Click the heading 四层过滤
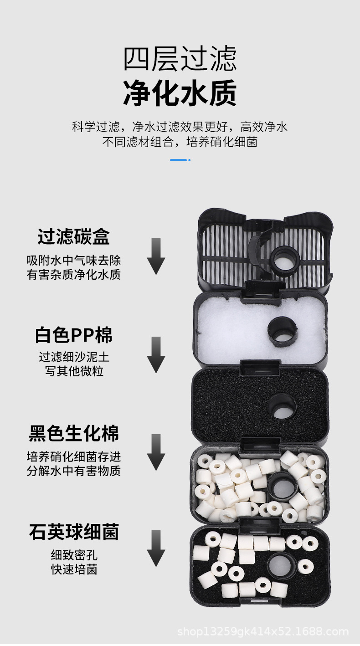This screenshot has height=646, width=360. tap(180, 59)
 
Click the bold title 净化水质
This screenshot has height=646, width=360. tap(180, 93)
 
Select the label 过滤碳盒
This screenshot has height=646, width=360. tap(74, 237)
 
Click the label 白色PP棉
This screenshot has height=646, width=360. tap(74, 335)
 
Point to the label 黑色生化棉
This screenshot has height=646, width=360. tap(74, 433)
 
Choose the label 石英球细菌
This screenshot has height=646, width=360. tap(74, 532)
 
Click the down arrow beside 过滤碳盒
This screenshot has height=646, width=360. tap(156, 256)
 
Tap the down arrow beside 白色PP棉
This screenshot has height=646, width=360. tap(156, 354)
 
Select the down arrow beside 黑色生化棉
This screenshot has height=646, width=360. tap(156, 452)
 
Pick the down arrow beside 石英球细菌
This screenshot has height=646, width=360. tap(156, 549)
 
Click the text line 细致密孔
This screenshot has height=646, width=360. tap(74, 556)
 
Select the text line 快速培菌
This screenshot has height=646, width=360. tap(74, 569)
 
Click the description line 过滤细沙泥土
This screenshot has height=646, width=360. tap(74, 357)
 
